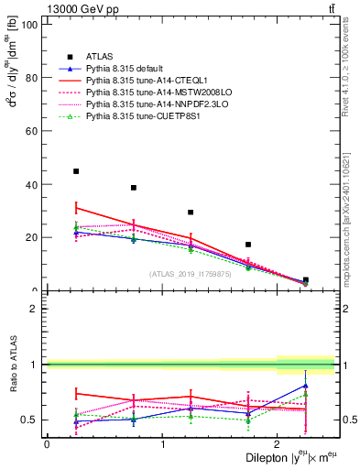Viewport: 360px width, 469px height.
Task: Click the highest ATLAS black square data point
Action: tap(76, 171)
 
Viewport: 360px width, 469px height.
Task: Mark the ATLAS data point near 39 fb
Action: tap(134, 188)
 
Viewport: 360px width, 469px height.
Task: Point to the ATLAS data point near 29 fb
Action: tap(191, 213)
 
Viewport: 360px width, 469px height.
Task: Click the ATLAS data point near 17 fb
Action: tap(248, 245)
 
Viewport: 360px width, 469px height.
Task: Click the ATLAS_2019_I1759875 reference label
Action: tap(190, 274)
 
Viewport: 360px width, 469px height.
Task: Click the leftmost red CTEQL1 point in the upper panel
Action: tap(76, 207)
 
